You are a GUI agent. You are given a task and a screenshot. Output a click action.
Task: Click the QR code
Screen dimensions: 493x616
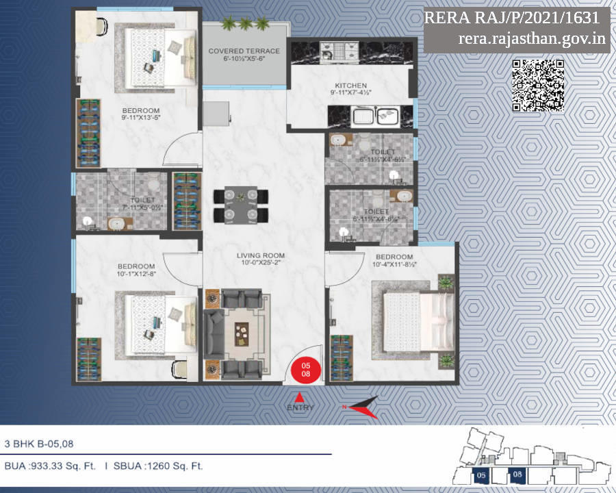539,85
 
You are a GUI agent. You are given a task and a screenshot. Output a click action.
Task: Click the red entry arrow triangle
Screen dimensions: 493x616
298,396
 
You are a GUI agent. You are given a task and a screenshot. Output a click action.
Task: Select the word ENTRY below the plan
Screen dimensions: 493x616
300,408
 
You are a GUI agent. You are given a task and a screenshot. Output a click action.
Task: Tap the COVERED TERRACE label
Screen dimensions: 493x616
244,51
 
